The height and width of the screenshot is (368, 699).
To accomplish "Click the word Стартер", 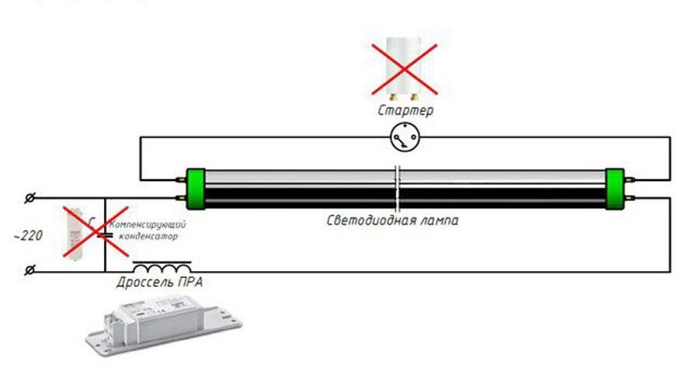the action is pyautogui.click(x=405, y=110).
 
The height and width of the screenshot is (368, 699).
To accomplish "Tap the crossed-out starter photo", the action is pyautogui.click(x=404, y=68).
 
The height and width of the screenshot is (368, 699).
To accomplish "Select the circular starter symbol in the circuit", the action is pyautogui.click(x=405, y=137).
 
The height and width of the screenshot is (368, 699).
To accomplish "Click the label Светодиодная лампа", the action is pyautogui.click(x=392, y=220).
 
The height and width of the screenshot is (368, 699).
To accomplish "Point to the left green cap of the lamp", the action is pyautogui.click(x=195, y=189).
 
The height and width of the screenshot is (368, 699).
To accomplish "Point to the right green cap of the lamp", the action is pyautogui.click(x=614, y=189).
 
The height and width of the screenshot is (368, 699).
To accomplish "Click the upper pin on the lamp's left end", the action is pyautogui.click(x=181, y=180).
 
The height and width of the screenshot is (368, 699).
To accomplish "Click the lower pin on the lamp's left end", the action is pyautogui.click(x=181, y=198).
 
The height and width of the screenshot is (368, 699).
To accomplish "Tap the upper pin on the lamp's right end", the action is pyautogui.click(x=629, y=180).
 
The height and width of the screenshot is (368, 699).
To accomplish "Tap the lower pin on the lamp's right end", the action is pyautogui.click(x=629, y=197).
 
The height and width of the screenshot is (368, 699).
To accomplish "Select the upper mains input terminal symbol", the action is pyautogui.click(x=30, y=198).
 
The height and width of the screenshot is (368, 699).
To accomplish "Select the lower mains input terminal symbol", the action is pyautogui.click(x=30, y=270).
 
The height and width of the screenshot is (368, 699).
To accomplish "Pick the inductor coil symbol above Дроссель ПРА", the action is pyautogui.click(x=162, y=267).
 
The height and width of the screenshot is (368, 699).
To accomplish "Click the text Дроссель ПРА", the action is pyautogui.click(x=159, y=283).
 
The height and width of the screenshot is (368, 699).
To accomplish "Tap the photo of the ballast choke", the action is pyautogui.click(x=164, y=325).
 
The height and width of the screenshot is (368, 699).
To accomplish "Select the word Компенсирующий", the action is pyautogui.click(x=148, y=224).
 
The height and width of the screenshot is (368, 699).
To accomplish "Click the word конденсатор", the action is pyautogui.click(x=148, y=236).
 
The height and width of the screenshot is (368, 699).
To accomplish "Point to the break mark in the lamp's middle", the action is pyautogui.click(x=398, y=189).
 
